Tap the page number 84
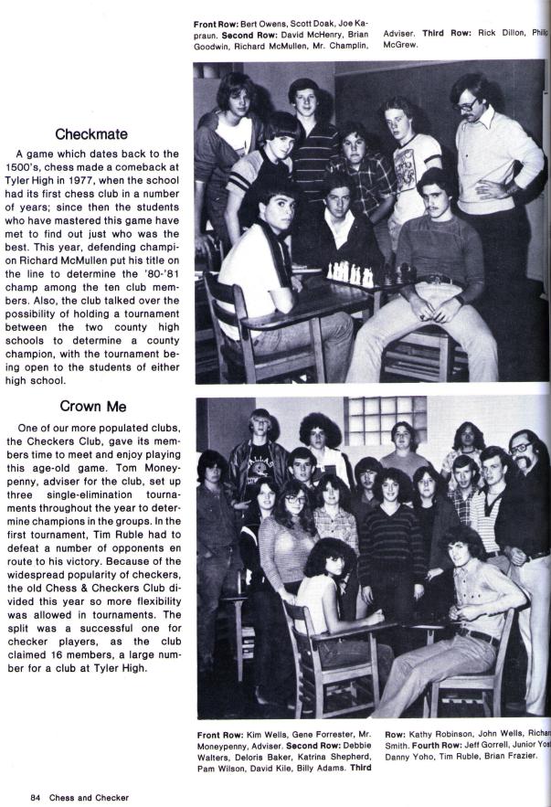(36, 797)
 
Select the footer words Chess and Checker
(89, 797)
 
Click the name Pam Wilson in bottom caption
(218, 768)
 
